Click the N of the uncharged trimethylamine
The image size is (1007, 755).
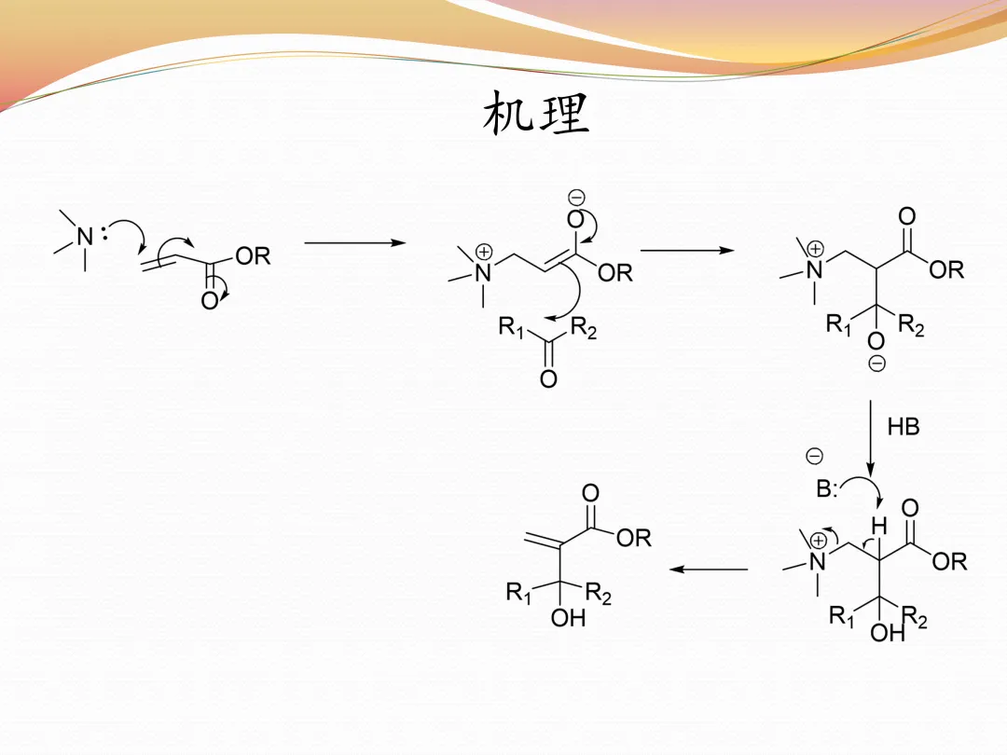85,237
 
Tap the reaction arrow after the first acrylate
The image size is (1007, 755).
355,243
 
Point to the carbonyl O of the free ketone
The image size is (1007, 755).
548,379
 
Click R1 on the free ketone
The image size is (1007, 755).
512,327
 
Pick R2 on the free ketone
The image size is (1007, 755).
584,327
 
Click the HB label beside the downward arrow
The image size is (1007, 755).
904,428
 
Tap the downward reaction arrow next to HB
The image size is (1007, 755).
870,438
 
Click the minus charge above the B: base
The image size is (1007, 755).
814,456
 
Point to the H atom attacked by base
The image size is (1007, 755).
877,526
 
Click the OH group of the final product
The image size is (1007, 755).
569,617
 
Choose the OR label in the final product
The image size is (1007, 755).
633,538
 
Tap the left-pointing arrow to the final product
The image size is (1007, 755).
710,570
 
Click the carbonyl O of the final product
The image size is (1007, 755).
590,493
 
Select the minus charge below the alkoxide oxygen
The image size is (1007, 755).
876,364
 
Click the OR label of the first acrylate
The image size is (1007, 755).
253,256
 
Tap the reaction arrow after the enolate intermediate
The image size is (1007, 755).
686,250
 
